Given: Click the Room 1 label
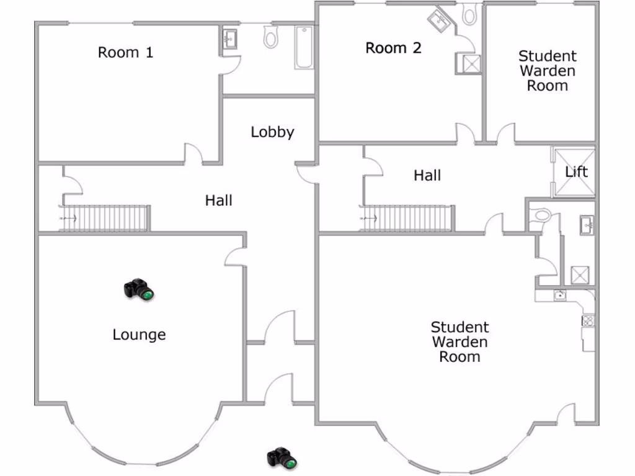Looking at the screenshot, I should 125,53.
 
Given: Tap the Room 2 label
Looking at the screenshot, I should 393,48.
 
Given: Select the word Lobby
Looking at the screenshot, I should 272,132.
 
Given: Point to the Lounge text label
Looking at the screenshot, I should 139,335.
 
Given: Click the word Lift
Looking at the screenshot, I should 576,172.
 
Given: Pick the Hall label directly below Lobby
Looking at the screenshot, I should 219,200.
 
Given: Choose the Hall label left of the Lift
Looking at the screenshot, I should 427,175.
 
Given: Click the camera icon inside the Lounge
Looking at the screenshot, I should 138,289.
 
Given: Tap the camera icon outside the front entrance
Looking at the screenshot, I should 282,458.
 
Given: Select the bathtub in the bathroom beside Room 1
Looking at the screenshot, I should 304,47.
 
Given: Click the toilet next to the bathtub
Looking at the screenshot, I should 270,38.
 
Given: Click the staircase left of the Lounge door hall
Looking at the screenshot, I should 105,218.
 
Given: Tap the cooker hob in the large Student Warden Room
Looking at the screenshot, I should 587,320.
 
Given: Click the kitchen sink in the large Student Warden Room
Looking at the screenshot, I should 560,296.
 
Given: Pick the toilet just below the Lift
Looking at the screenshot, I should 542,215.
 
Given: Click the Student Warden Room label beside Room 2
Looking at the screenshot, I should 547,71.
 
